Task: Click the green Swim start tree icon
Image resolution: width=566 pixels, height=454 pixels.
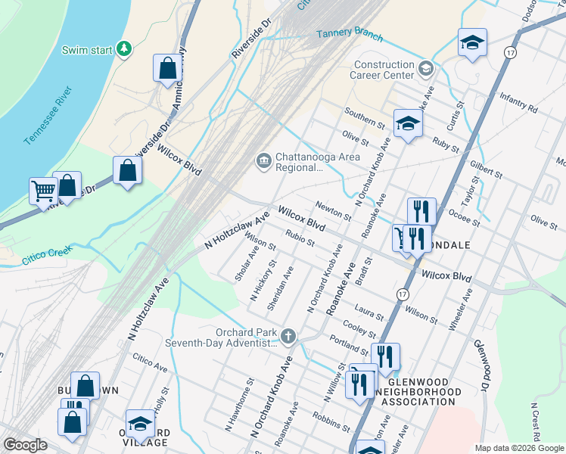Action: pyautogui.click(x=124, y=49)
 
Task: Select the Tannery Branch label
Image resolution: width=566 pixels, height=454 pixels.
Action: pyautogui.click(x=349, y=35)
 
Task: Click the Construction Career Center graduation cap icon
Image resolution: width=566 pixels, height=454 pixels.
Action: pyautogui.click(x=425, y=70)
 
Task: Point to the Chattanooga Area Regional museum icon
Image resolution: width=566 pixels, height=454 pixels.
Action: pyautogui.click(x=263, y=160)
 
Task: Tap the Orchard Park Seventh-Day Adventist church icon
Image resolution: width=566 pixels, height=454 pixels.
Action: pyautogui.click(x=288, y=335)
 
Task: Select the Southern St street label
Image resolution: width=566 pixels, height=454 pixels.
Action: pyautogui.click(x=365, y=117)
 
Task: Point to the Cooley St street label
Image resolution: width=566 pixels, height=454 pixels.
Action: pyautogui.click(x=359, y=328)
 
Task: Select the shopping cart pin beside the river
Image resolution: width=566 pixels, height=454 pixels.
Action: pyautogui.click(x=42, y=191)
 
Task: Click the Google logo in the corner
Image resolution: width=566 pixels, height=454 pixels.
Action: pyautogui.click(x=25, y=445)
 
